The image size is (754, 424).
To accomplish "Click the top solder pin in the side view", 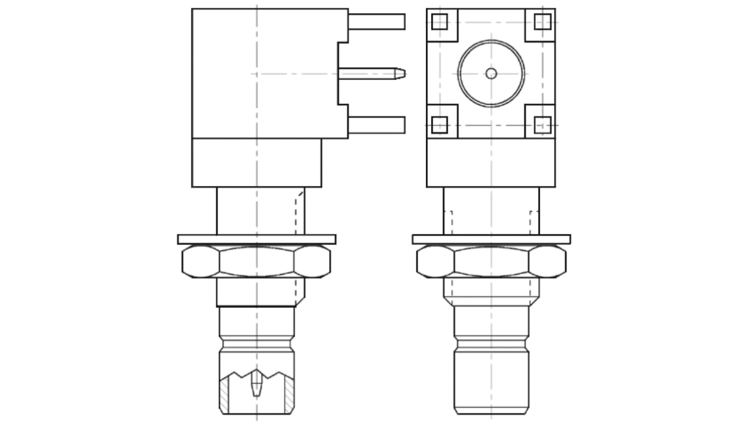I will pyautogui.click(x=376, y=22).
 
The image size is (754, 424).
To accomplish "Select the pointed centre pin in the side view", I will pyautogui.click(x=372, y=73).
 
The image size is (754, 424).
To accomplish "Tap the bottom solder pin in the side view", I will pyautogui.click(x=376, y=125).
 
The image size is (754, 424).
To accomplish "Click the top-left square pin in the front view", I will pyautogui.click(x=440, y=22).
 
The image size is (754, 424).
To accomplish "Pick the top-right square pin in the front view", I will pyautogui.click(x=542, y=22).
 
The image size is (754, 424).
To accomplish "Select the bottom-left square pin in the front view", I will pyautogui.click(x=440, y=125).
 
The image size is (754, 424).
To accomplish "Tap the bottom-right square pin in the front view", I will pyautogui.click(x=542, y=125).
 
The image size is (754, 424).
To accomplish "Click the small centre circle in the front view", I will pyautogui.click(x=491, y=73).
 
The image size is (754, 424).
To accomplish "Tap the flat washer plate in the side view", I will pyautogui.click(x=256, y=239).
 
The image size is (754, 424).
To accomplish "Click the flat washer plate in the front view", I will pyautogui.click(x=491, y=239).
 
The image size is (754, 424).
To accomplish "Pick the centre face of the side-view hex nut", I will pyautogui.click(x=256, y=261).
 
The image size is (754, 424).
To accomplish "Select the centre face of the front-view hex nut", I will pyautogui.click(x=491, y=261).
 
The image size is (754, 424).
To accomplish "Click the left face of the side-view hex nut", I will pyautogui.click(x=201, y=261).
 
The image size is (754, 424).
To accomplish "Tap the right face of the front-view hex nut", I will pyautogui.click(x=547, y=261).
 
